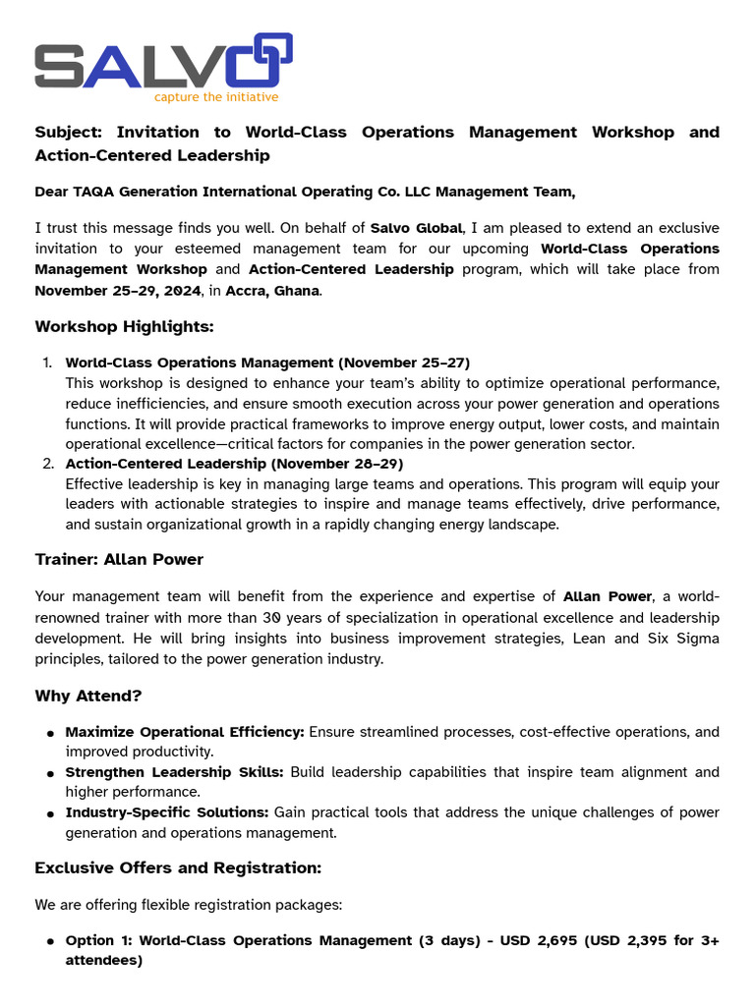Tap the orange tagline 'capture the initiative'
coord(216,97)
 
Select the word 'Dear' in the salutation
coord(52,192)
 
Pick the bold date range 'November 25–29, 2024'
coord(117,290)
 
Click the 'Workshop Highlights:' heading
coord(124,326)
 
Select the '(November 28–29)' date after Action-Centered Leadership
coord(337,464)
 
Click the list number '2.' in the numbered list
coord(48,464)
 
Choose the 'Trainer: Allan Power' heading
coord(119,559)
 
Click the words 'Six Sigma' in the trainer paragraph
coord(685,638)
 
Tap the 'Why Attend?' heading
coord(88,696)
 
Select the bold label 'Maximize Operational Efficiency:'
coord(185,732)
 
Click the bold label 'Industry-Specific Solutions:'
coord(167,812)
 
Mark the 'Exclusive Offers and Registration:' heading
coord(178,868)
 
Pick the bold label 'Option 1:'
coord(98,940)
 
